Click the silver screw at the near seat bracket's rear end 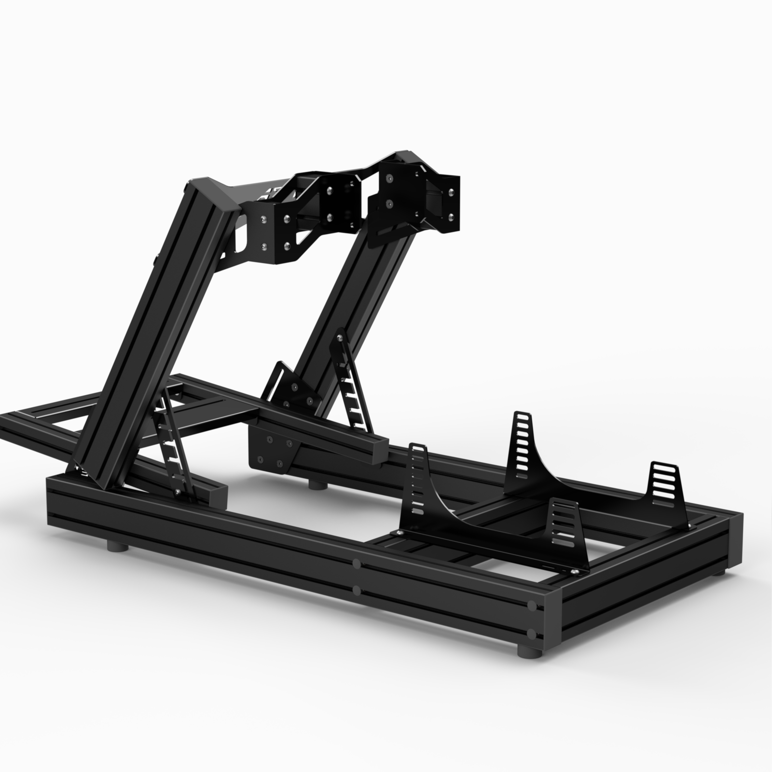tap(574, 572)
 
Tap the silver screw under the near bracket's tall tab tap(400, 532)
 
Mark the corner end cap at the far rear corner tap(733, 540)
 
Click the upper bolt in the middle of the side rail tap(356, 563)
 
